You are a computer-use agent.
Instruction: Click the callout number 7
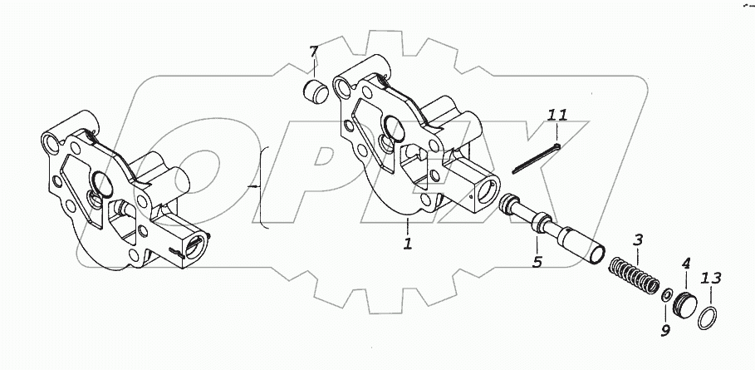(x=314, y=54)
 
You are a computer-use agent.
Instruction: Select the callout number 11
(x=557, y=115)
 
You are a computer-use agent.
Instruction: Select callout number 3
(x=639, y=241)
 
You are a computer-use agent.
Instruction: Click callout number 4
(x=686, y=264)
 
